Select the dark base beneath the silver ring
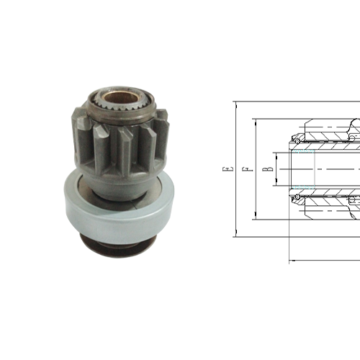click(117, 246)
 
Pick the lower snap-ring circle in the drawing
click(297, 197)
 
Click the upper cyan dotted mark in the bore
click(303, 151)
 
